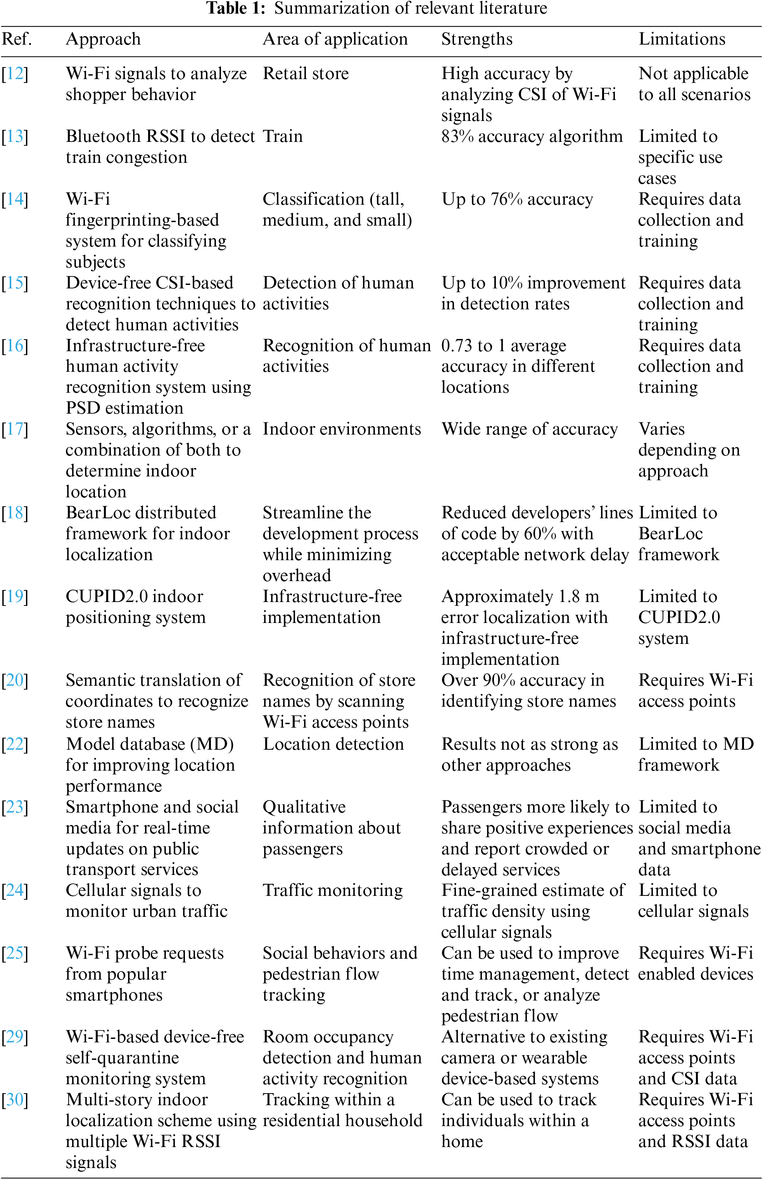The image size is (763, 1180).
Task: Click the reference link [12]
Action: coord(15,74)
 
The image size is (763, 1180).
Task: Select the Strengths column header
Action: coord(476,39)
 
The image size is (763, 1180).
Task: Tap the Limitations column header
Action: coord(681,39)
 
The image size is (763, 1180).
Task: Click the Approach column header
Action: coord(103,39)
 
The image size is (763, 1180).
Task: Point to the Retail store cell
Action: coord(305,74)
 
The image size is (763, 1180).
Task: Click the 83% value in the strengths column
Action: coord(458,136)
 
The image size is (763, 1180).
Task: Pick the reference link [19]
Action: coord(15,597)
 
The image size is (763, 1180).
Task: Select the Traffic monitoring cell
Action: coord(332,890)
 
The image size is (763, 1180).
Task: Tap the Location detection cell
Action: coord(333,744)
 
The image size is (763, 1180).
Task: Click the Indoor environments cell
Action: coord(341,429)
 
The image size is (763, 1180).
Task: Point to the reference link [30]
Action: coord(15,1100)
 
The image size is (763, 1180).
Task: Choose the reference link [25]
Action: coord(15,953)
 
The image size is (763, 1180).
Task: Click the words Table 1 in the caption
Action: coord(235,9)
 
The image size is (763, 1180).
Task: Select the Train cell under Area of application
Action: coord(282,136)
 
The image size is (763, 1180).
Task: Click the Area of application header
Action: coord(335,39)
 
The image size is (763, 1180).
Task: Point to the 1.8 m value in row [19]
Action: coord(578,597)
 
